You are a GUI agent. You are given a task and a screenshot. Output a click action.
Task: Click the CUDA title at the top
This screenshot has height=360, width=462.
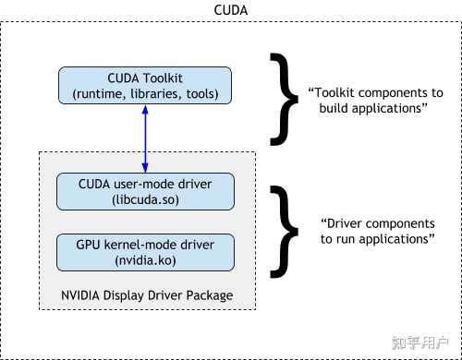point(231,10)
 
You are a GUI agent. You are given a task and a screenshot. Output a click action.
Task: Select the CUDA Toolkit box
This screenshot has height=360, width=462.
point(144,85)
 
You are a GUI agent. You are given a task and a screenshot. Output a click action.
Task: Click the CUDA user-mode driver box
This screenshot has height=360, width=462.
point(144,192)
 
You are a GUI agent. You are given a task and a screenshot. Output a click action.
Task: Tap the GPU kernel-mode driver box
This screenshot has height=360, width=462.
point(144,253)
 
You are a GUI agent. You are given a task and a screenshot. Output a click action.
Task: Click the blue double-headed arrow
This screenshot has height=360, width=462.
point(145,138)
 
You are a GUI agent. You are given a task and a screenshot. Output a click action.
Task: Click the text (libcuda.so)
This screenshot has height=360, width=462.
point(144,200)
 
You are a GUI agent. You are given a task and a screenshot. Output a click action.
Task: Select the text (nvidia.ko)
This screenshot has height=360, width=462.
point(144,261)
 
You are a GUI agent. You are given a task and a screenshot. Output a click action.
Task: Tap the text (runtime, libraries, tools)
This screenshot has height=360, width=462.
point(144,93)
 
